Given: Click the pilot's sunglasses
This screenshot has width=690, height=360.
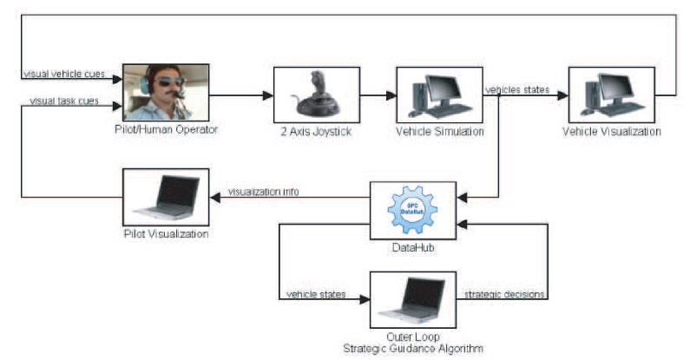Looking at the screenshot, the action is [x=170, y=82].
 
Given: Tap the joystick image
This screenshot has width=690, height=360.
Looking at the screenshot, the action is [x=316, y=94].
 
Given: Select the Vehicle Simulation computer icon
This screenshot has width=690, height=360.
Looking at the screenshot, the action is [x=439, y=95].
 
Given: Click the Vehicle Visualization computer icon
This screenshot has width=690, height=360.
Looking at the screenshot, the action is [x=611, y=95].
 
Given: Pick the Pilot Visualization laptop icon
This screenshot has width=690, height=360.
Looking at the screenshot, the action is [x=168, y=197].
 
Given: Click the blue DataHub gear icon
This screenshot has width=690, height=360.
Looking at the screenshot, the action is [x=412, y=209].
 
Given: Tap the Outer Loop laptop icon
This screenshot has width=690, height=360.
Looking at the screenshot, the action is [x=412, y=300].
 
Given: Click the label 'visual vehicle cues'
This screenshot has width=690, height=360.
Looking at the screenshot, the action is [x=64, y=74].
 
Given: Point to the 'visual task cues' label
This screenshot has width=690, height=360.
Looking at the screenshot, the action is [x=64, y=101].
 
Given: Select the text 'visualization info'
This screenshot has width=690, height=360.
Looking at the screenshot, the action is [x=264, y=192].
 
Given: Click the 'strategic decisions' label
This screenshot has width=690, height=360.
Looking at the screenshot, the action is [x=504, y=294].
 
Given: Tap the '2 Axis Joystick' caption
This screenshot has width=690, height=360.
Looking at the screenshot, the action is [x=316, y=132].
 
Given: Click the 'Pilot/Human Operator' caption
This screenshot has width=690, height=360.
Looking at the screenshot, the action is [x=166, y=129].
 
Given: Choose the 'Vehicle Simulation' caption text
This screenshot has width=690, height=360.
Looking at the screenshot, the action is [x=440, y=131].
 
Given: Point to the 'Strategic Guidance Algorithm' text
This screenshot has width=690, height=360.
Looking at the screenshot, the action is [x=413, y=349].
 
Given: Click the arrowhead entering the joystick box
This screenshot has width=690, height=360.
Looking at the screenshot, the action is [x=268, y=95].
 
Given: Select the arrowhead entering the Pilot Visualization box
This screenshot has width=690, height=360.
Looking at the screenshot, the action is [x=215, y=198].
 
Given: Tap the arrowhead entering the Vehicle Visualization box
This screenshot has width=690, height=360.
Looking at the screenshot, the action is [x=562, y=95].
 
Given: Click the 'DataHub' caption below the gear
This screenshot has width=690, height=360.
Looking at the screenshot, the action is [x=413, y=247].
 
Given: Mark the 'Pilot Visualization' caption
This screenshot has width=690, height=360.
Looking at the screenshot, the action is [x=167, y=233].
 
